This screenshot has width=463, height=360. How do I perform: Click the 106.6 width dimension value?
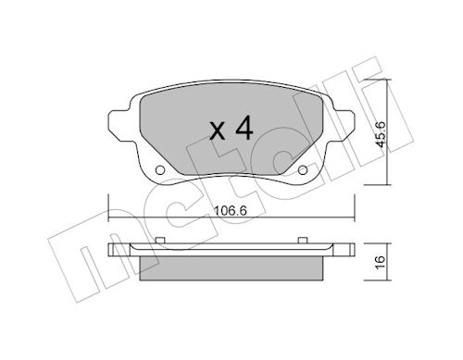click(x=231, y=211)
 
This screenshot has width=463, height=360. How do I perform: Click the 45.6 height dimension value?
click(x=380, y=134)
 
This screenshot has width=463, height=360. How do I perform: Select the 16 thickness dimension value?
click(x=381, y=262)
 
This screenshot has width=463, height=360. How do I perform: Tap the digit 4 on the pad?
click(x=244, y=128)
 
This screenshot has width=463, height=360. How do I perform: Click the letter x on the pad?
click(x=218, y=130)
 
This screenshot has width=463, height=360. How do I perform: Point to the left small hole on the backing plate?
click(x=159, y=169)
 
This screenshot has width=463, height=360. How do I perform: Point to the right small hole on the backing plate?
click(x=303, y=169)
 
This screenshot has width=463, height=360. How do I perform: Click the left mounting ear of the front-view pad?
click(x=119, y=126)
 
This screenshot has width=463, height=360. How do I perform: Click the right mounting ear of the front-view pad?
click(x=344, y=126)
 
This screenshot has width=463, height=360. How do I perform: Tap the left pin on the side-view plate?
click(x=159, y=240)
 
